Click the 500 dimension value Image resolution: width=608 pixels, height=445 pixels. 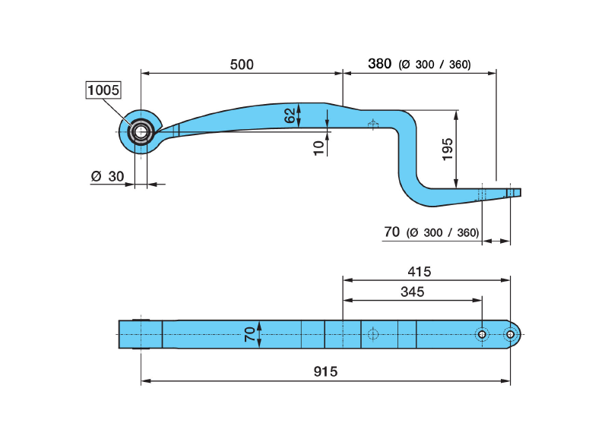241,65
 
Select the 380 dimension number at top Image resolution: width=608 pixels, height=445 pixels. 379,64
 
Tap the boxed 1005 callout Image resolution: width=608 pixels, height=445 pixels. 103,90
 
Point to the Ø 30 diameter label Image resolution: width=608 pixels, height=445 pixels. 106,175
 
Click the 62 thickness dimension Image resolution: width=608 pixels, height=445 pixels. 290,116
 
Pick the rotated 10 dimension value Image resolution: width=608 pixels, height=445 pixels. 318,147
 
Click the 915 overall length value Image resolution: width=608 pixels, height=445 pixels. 325,371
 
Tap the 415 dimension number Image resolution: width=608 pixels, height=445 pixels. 419,271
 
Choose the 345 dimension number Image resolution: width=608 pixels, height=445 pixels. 412,292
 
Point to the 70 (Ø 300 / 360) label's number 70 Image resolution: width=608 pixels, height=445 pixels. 392,232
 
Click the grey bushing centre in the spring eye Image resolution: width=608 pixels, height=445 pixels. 141,132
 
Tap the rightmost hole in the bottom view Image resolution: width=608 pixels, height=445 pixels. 510,334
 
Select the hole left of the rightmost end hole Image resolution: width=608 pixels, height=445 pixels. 482,334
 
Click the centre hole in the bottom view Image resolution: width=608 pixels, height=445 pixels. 372,334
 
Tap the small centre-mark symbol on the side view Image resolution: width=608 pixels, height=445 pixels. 372,125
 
